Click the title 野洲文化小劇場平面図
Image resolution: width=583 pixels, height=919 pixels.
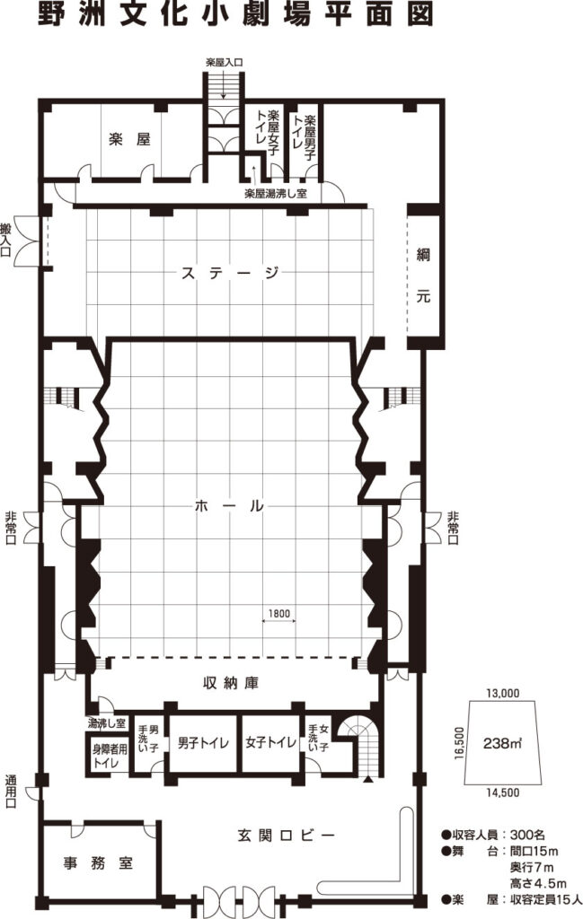(235, 14)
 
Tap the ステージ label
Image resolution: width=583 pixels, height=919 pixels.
(230, 273)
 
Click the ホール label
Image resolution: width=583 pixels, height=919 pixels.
(229, 506)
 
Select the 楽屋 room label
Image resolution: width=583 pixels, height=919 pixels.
(129, 139)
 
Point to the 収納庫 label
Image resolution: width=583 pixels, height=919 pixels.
(231, 683)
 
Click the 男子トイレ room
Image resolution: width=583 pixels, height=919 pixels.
(204, 742)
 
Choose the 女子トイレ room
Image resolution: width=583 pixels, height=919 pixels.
(271, 742)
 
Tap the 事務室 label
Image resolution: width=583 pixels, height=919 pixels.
(99, 862)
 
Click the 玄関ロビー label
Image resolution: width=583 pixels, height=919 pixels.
(287, 834)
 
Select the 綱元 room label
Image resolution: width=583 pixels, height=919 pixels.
(423, 276)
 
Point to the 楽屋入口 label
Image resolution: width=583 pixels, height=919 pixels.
(224, 61)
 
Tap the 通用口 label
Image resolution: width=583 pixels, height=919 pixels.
(11, 792)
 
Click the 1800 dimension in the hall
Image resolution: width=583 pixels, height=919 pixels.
(279, 614)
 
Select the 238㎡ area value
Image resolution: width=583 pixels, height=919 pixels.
(503, 743)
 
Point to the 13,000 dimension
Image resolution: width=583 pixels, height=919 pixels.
(503, 693)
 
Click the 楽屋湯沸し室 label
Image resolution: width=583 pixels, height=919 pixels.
(276, 194)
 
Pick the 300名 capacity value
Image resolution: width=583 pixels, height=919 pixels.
(528, 835)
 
